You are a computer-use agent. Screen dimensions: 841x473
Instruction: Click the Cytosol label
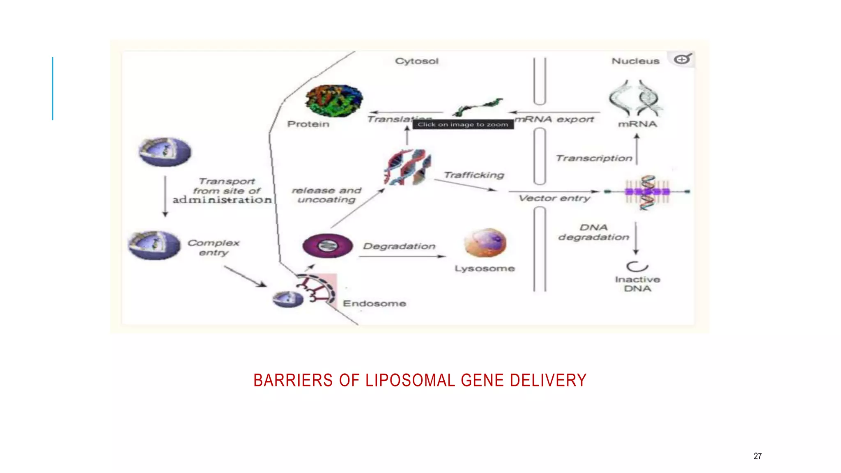[416, 61]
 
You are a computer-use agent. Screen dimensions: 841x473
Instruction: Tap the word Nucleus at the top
[635, 61]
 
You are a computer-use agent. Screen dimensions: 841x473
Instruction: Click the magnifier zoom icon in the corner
[682, 60]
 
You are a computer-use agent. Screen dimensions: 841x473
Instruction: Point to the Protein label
[308, 124]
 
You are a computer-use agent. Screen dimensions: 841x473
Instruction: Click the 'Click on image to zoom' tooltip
[463, 124]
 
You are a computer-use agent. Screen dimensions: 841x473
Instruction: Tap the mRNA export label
[554, 119]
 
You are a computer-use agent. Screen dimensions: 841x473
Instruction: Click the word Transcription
[594, 158]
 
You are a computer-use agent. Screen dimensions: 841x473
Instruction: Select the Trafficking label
[474, 175]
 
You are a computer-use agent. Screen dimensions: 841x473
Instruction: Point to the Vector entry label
[554, 198]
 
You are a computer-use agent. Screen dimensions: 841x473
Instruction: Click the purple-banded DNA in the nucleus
[647, 192]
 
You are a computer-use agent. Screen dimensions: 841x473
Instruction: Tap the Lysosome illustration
[485, 243]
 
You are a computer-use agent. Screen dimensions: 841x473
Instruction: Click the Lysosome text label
[485, 269]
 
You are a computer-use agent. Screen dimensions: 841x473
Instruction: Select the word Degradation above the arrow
[399, 246]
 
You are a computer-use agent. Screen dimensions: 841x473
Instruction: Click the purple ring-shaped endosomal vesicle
[327, 246]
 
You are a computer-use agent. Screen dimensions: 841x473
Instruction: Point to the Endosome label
[374, 303]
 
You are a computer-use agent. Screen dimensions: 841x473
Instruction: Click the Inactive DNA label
[637, 284]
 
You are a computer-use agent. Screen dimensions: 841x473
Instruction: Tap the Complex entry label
[214, 248]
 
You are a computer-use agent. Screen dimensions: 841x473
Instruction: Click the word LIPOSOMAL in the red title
[410, 380]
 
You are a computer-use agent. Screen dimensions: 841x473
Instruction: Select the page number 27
[757, 456]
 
